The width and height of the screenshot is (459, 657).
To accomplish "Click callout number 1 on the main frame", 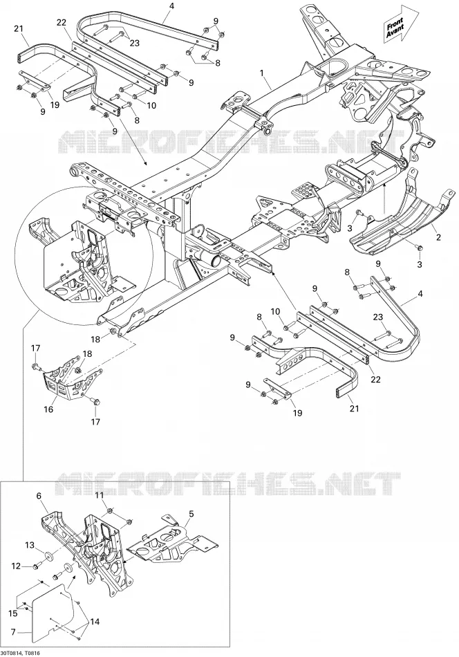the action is [x=262, y=73].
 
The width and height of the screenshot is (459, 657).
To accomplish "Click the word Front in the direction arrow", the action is [x=394, y=23].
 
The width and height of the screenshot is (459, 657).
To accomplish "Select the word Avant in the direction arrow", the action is [x=396, y=32].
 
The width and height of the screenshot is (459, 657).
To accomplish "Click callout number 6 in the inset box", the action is [x=39, y=496].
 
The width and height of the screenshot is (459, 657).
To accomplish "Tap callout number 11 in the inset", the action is [x=99, y=495].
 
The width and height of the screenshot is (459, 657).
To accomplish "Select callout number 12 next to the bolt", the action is [x=16, y=566].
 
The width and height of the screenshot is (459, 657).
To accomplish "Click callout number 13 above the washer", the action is [x=30, y=545].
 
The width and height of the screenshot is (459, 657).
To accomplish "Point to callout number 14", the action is [x=95, y=622].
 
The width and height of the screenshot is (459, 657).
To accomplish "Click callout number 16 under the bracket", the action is [x=48, y=409].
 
